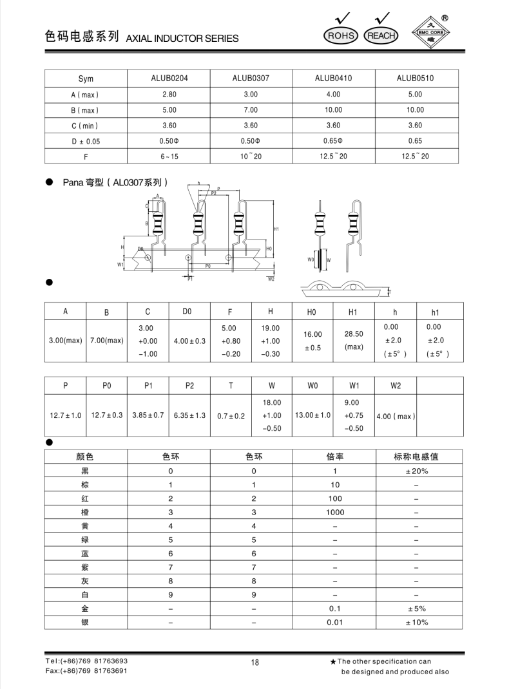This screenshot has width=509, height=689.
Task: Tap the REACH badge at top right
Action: point(381,36)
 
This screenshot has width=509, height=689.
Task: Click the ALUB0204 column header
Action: point(169,79)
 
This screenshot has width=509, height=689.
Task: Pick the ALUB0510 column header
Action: point(415,79)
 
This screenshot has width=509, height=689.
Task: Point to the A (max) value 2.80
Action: point(169,95)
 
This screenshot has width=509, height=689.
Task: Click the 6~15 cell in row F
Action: point(169,156)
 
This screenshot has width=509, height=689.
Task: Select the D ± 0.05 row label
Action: point(86,141)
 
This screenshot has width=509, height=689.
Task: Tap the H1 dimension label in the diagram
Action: point(276,229)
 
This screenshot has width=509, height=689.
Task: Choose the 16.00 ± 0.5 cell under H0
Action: point(312,341)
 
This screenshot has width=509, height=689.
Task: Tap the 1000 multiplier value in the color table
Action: point(335,513)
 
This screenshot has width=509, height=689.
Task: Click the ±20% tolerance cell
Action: point(416,471)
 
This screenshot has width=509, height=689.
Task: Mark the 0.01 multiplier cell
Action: point(335,623)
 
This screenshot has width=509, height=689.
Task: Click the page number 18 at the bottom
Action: point(254,664)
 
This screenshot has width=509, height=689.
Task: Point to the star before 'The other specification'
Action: point(332,661)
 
